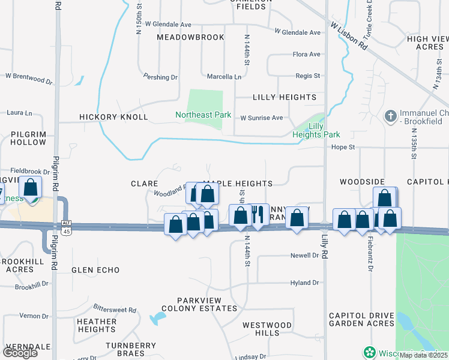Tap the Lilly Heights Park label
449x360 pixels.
point(316,130)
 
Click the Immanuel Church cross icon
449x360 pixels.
point(390,115)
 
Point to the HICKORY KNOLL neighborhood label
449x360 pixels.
point(113,117)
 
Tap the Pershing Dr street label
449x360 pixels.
point(160,77)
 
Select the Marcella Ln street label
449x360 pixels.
point(224,77)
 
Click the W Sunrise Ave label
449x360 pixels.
point(261,118)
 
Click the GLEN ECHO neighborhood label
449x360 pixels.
point(95,270)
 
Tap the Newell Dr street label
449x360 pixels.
point(304,256)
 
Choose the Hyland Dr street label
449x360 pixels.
point(304,283)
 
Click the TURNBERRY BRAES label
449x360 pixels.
point(131,350)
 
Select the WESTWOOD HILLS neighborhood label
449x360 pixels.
point(267,329)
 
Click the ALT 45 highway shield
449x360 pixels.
point(66,226)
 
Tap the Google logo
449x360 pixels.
point(20,353)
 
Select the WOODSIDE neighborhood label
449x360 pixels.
point(361,181)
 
